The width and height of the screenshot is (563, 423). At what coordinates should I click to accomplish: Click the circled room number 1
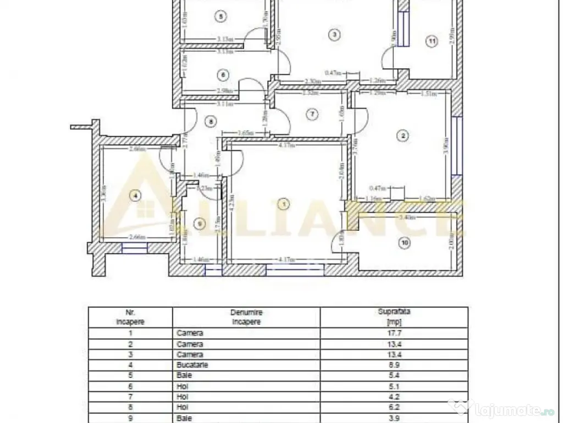tap(284, 204)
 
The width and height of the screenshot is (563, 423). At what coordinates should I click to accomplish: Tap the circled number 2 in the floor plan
tap(403, 135)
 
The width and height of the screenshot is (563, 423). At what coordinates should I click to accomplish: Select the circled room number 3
tap(334, 34)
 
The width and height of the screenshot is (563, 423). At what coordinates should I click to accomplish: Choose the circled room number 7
tap(312, 115)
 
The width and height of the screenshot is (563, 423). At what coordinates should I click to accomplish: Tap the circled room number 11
tap(432, 41)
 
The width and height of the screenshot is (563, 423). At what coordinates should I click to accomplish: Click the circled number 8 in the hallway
tap(209, 121)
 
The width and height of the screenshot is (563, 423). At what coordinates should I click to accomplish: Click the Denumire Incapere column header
tap(246, 317)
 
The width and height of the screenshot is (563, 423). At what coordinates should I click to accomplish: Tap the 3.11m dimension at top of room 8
tap(225, 104)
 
